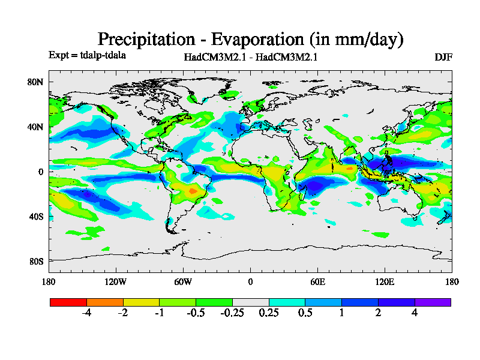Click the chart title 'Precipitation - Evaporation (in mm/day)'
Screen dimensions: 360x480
tap(250, 40)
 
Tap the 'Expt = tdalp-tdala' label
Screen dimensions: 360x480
tap(87, 55)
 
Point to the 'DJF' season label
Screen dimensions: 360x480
tap(443, 58)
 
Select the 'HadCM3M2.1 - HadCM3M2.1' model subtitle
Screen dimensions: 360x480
tap(250, 58)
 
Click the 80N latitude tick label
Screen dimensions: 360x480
tap(37, 82)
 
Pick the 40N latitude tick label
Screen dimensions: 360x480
tap(37, 127)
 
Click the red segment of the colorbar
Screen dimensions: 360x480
tap(68, 302)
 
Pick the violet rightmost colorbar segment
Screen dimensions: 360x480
tap(433, 302)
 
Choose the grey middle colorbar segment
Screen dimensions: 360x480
tap(251, 302)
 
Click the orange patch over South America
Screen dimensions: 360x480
tap(192, 190)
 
